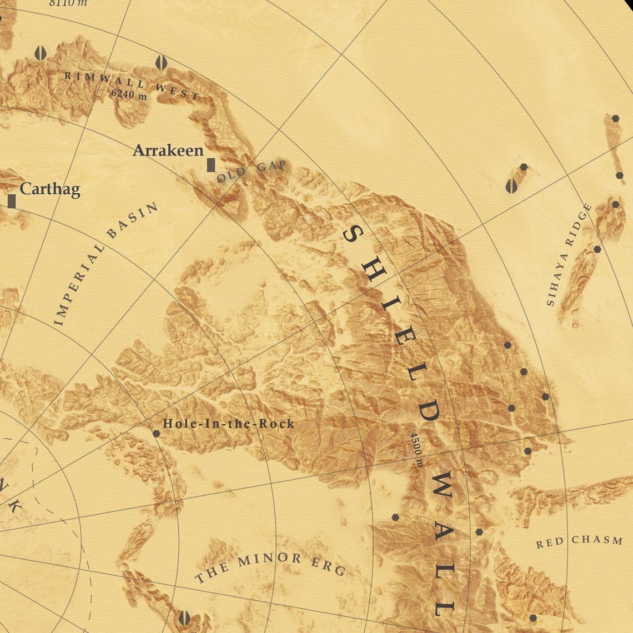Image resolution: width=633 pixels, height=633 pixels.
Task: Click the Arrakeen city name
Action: tap(168, 150)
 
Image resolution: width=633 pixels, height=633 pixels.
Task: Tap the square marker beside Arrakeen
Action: tap(210, 165)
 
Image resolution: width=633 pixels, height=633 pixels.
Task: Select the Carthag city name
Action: tap(50, 189)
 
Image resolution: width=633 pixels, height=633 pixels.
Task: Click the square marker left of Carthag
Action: tap(12, 201)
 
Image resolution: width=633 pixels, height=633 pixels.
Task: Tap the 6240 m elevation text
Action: tap(129, 94)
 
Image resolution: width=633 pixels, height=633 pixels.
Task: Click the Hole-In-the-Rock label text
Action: tap(228, 424)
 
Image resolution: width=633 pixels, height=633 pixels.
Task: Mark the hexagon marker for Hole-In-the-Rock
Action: tap(156, 433)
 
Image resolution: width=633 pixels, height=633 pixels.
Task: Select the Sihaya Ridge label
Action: tap(569, 255)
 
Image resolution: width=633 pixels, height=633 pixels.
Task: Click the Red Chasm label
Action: tap(579, 541)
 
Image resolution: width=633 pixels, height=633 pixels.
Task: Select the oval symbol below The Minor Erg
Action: tap(185, 618)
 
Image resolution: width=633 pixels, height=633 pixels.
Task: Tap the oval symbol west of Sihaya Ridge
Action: tap(511, 186)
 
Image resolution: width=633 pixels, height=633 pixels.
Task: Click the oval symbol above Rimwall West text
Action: tap(160, 62)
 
